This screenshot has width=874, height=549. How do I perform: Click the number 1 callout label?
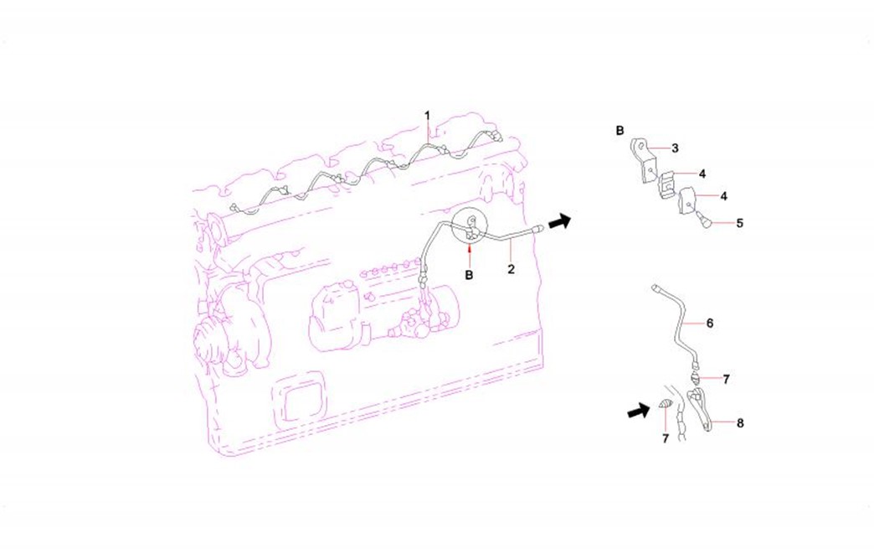point(428,116)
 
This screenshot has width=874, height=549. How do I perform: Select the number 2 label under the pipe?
point(512,269)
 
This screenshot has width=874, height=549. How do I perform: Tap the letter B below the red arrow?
point(470,275)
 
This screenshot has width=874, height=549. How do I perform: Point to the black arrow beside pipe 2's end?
point(559,221)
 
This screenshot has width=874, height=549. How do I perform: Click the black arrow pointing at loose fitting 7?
point(639,412)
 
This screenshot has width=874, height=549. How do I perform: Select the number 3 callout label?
point(675,148)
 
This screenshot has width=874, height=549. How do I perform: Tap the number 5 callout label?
point(740,223)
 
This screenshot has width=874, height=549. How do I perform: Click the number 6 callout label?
point(710,323)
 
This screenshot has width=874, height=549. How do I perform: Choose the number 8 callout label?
point(740,423)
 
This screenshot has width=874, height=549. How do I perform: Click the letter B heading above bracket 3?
point(620,131)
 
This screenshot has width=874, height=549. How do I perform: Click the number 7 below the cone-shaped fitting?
point(665,439)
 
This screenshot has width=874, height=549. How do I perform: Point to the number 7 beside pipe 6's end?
point(726,380)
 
